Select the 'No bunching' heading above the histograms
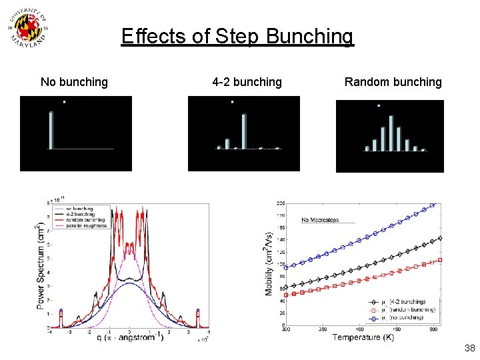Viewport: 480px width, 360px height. pyautogui.click(x=74, y=82)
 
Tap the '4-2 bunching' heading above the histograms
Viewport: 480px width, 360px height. pyautogui.click(x=247, y=82)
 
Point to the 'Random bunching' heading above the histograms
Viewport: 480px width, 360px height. pyautogui.click(x=393, y=82)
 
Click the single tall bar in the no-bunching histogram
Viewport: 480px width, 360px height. pyautogui.click(x=51, y=130)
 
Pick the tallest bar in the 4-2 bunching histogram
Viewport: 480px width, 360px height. pyautogui.click(x=244, y=131)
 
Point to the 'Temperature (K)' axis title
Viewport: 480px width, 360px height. pyautogui.click(x=363, y=337)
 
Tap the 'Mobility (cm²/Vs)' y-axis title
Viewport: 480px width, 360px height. pyautogui.click(x=270, y=263)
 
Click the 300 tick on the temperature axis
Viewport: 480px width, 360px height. pyautogui.click(x=286, y=329)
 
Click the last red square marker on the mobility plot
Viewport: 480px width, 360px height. pyautogui.click(x=440, y=260)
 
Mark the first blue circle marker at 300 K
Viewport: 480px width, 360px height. pyautogui.click(x=287, y=267)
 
